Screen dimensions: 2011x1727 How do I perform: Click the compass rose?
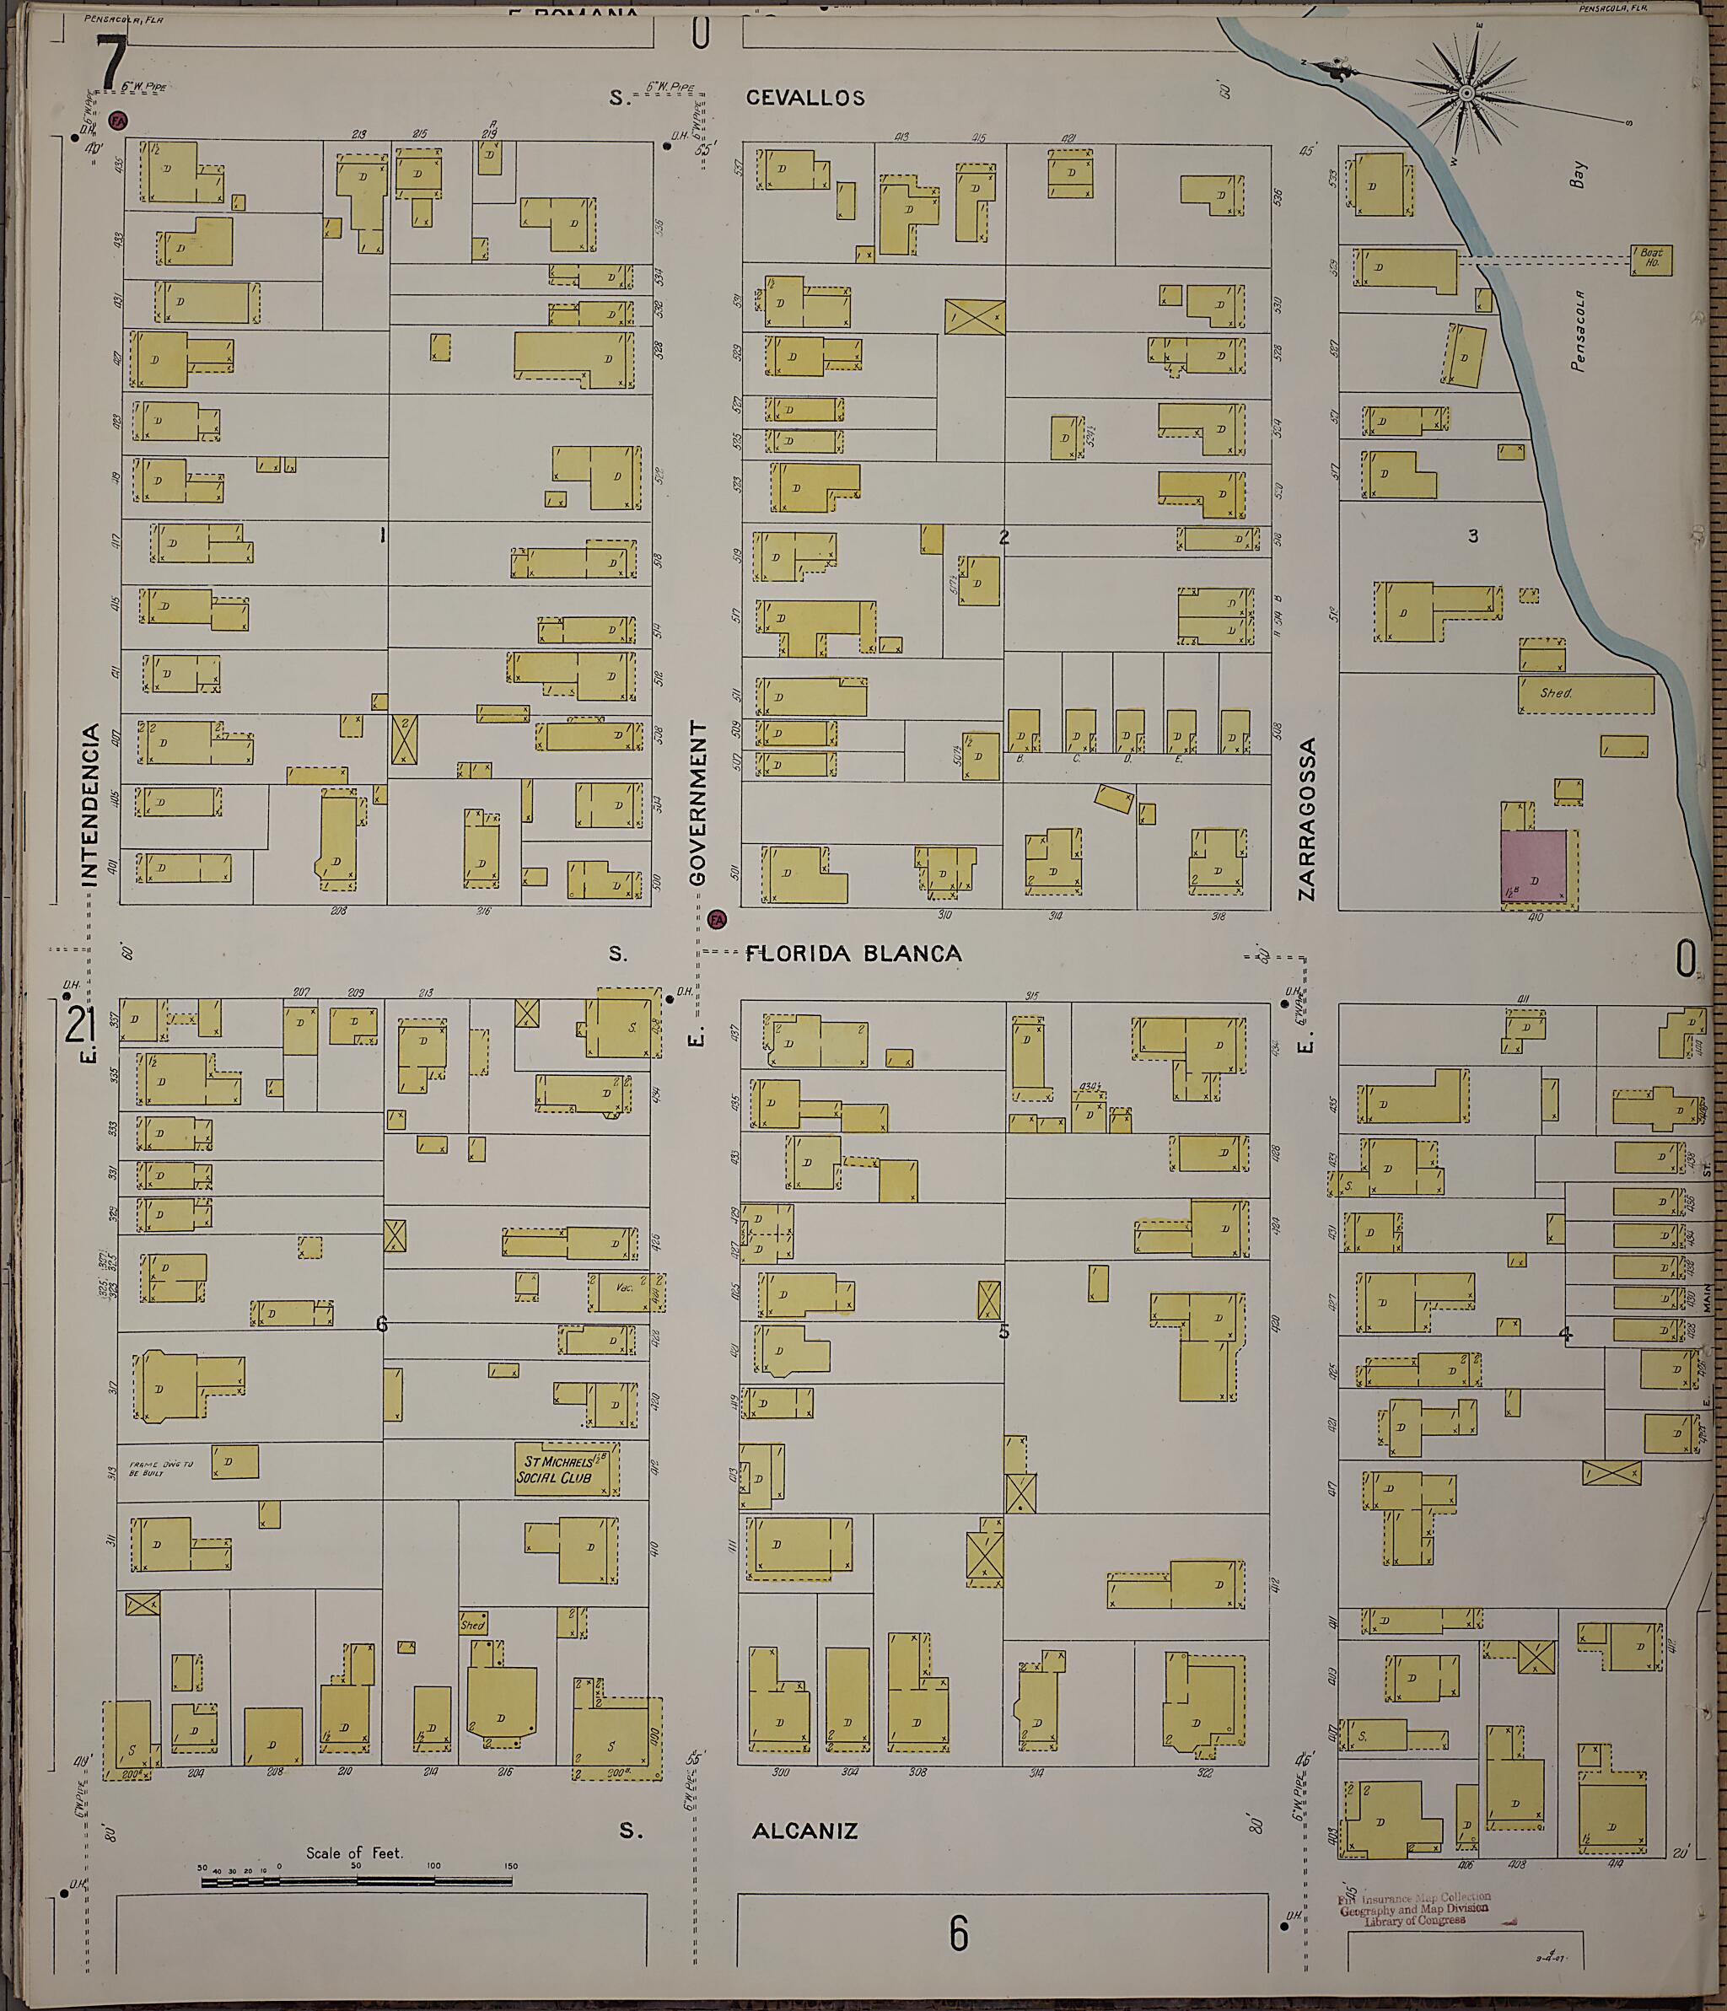click(1466, 94)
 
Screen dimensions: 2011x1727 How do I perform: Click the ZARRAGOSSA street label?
click(1308, 819)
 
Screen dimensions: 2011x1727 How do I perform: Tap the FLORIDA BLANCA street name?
click(853, 953)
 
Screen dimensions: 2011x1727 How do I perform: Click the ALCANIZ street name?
click(804, 1831)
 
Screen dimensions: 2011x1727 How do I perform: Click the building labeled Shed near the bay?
click(1585, 694)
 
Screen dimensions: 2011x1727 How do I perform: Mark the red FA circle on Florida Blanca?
click(718, 918)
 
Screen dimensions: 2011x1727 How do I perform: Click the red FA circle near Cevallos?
click(117, 121)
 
